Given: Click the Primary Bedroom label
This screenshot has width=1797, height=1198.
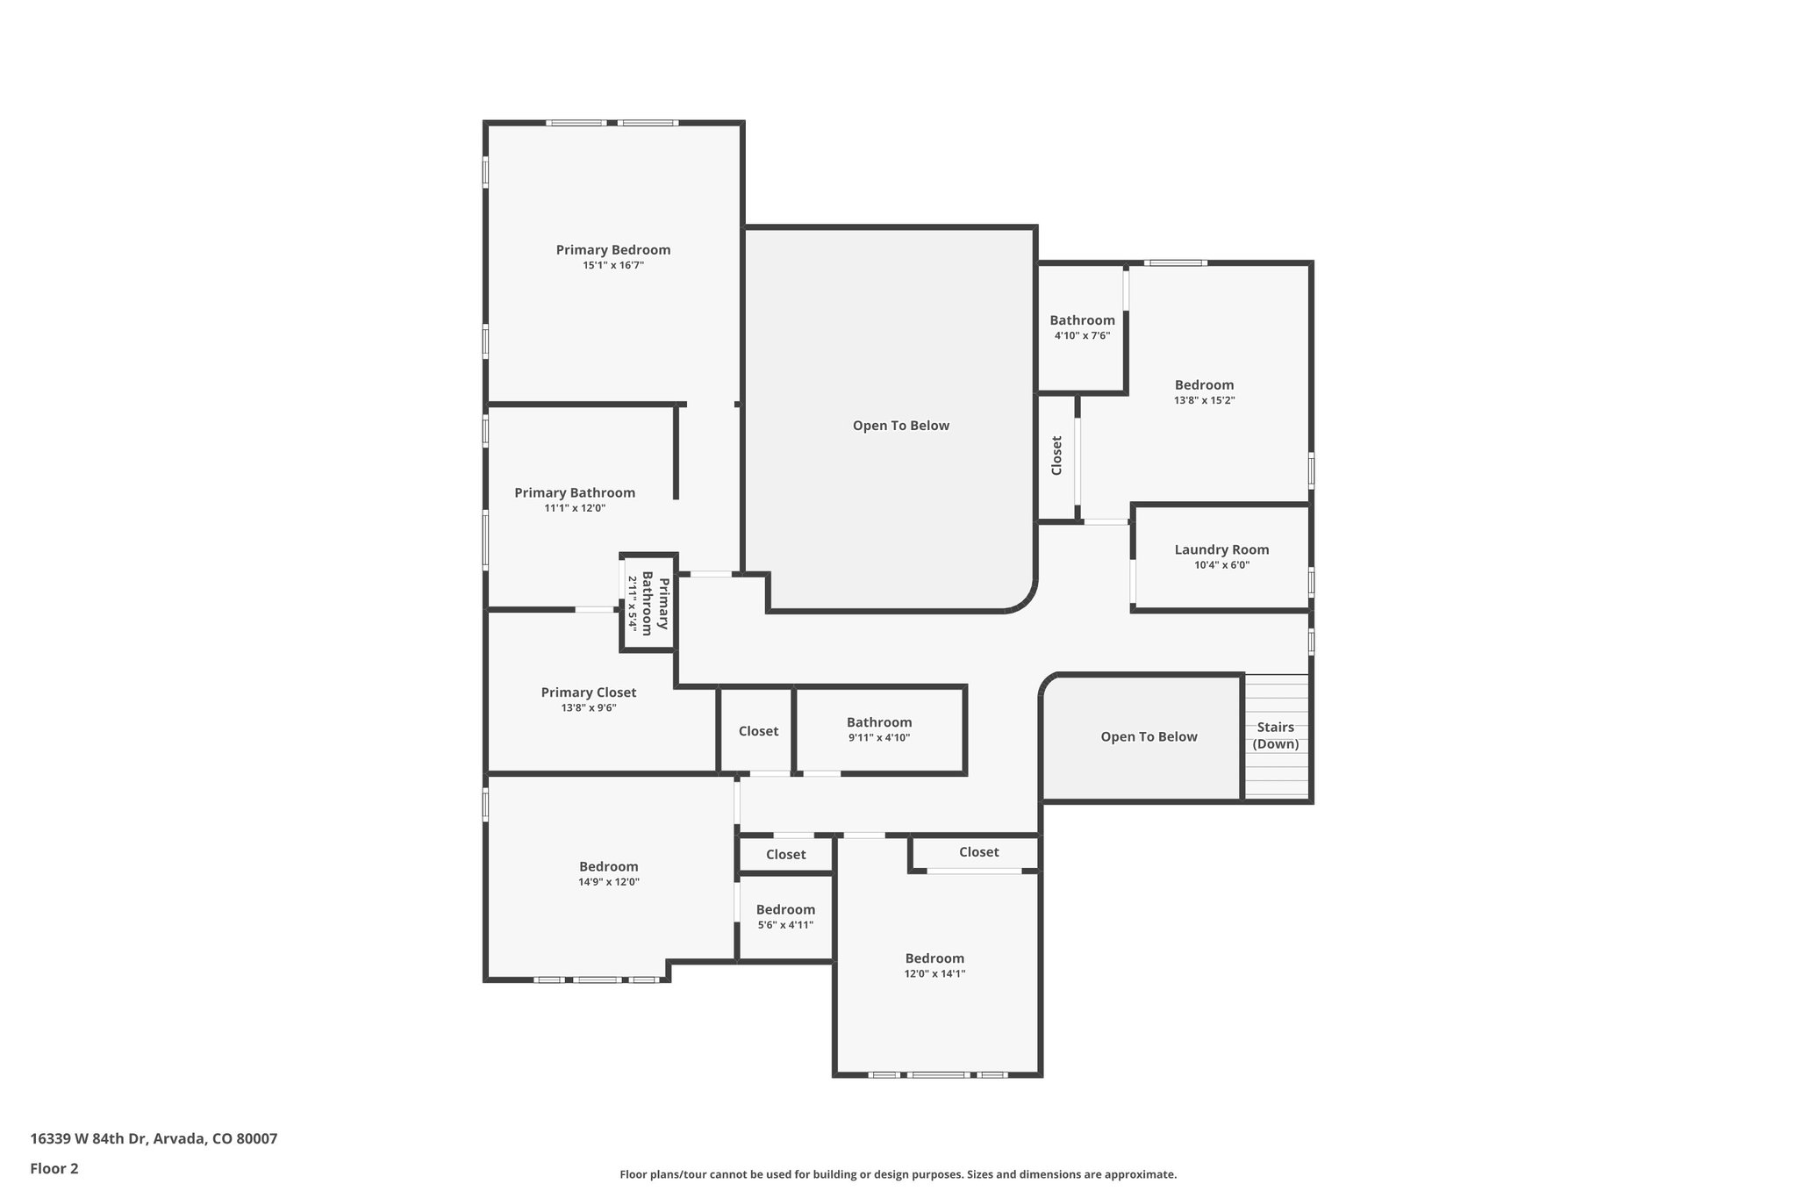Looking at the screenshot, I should [x=612, y=250].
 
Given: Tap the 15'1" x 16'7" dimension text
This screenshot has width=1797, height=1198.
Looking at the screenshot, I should [x=613, y=265].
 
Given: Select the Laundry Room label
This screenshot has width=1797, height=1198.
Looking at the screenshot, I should [x=1221, y=550].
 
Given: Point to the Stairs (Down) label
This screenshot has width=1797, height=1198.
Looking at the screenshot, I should [x=1275, y=735].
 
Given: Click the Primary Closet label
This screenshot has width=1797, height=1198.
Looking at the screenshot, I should [x=588, y=692].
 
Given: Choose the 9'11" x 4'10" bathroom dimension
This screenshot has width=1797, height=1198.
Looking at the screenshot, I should [x=878, y=738].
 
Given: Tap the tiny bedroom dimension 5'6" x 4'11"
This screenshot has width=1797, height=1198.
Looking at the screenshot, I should [x=785, y=925].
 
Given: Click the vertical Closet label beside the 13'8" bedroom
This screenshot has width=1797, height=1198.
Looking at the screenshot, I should [x=1056, y=456].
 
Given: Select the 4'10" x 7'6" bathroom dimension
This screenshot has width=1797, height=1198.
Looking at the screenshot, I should [x=1082, y=335].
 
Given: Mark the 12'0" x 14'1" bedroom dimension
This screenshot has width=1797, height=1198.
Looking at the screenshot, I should [x=934, y=973].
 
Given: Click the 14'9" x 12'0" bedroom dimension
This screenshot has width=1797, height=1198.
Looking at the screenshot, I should [x=608, y=882].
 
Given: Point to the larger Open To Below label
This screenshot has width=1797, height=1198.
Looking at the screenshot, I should [x=900, y=426].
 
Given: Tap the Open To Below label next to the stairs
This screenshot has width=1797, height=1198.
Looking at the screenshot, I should [x=1149, y=737].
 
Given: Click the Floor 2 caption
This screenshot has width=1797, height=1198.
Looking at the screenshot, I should [x=54, y=1168].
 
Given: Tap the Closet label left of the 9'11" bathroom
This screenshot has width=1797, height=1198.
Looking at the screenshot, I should [x=758, y=731].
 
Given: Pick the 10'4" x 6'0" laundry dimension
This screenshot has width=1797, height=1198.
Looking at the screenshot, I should [x=1221, y=565].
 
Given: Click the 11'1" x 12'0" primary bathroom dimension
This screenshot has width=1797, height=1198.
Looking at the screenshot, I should [x=575, y=508].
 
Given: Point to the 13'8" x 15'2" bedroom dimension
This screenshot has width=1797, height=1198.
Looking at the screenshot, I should [x=1204, y=400].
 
